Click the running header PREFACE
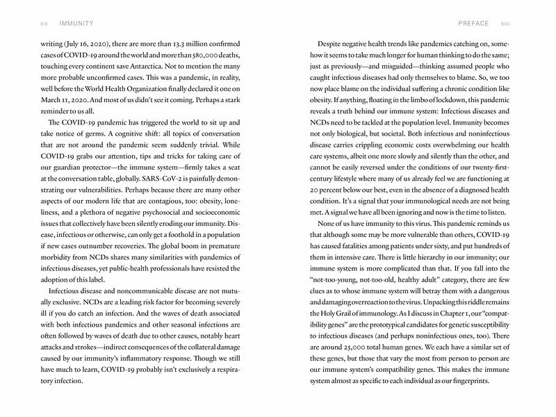point(473,23)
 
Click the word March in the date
point(44,99)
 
